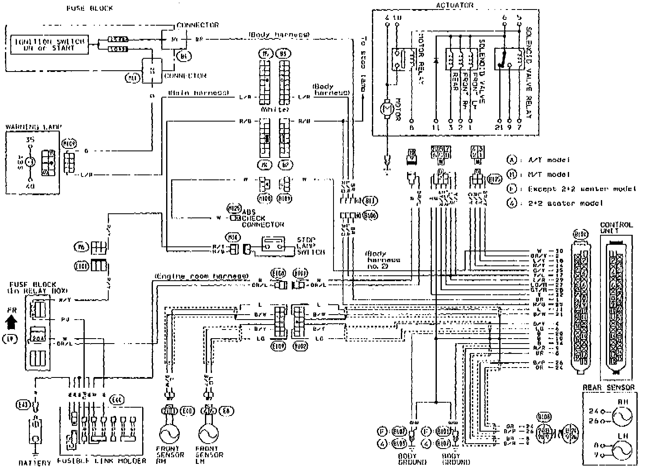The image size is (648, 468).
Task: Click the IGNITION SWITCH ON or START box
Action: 49,45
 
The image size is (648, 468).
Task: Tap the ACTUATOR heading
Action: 455,5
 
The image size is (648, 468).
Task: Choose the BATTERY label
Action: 35,462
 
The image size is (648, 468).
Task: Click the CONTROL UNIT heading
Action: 616,228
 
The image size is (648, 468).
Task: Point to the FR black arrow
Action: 12,320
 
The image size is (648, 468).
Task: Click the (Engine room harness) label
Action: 202,276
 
